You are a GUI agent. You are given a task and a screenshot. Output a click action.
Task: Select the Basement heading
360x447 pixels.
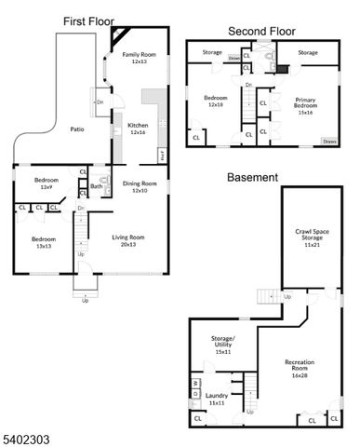252,177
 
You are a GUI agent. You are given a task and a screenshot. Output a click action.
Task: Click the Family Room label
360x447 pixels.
141,55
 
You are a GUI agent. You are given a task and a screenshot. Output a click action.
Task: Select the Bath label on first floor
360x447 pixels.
97,186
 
